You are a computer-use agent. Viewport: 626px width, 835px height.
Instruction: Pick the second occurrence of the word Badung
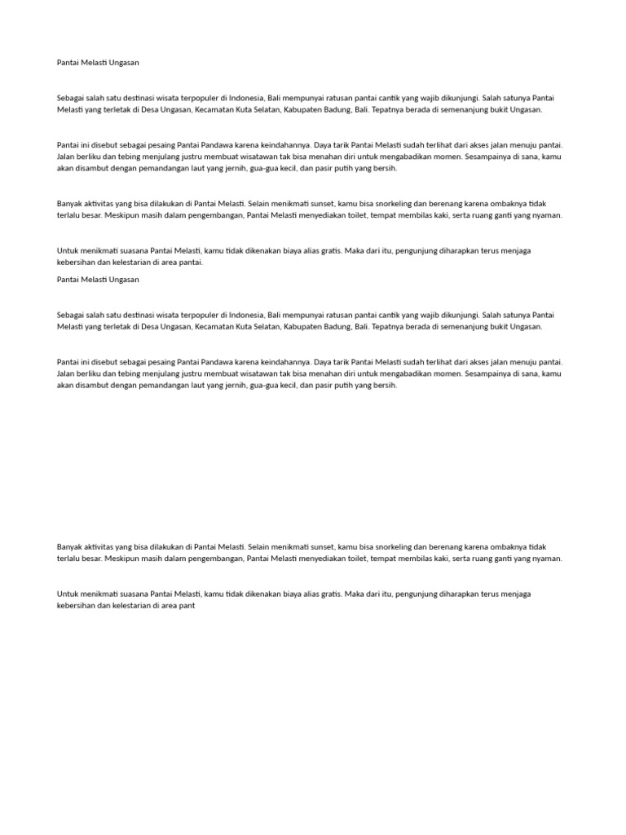(x=334, y=326)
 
